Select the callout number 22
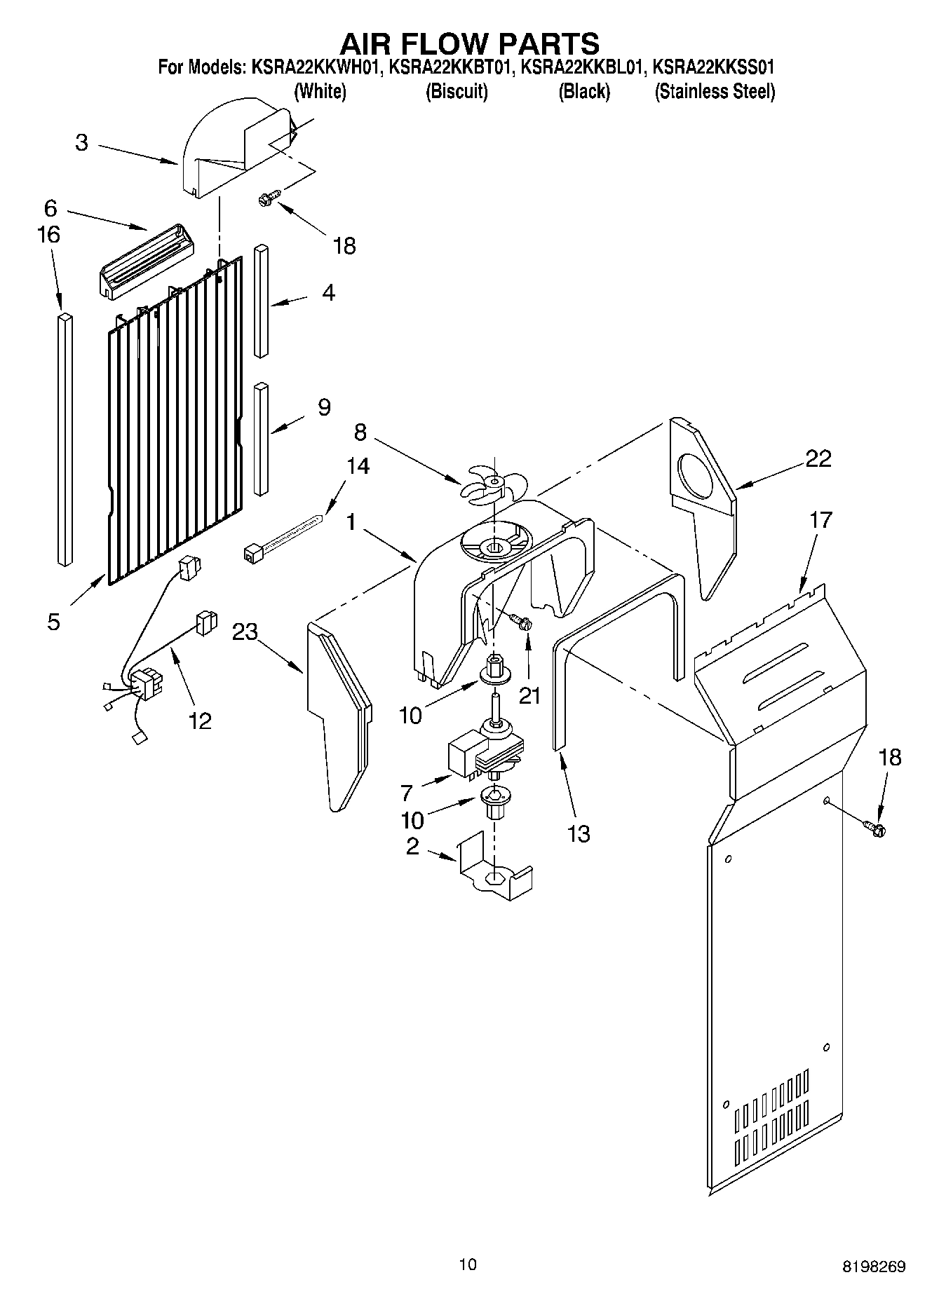pos(818,459)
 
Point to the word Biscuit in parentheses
pos(457,91)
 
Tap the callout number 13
pos(579,833)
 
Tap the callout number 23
pos(245,632)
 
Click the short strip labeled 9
pos(262,438)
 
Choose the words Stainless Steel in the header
pos(715,91)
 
